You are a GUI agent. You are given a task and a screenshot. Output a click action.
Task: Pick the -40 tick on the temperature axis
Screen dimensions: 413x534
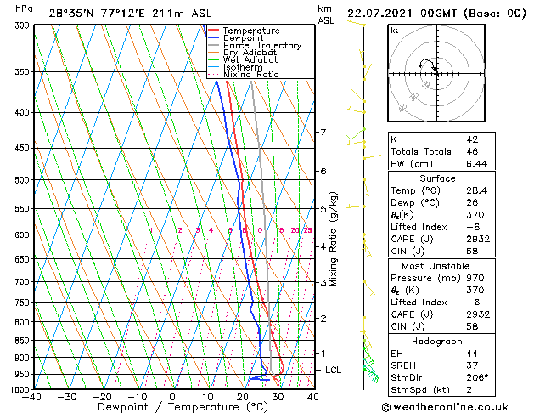(32, 397)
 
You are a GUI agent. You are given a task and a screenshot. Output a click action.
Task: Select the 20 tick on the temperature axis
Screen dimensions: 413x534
(242, 397)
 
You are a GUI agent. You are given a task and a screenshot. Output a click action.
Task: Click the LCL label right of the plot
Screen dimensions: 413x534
(334, 371)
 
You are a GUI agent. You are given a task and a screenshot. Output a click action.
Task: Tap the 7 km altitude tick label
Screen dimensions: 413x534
(323, 133)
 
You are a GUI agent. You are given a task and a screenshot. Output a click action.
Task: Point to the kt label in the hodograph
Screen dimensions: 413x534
(394, 31)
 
